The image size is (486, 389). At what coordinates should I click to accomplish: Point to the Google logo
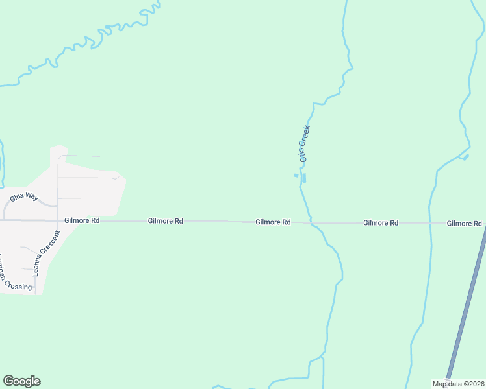click(21, 381)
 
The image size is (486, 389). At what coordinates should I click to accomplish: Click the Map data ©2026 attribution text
click(458, 384)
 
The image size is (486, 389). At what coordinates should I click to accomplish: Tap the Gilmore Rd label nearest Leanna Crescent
click(82, 220)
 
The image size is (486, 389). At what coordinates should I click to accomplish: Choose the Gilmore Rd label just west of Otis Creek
click(273, 222)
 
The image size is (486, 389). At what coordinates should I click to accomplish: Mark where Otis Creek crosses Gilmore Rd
click(311, 222)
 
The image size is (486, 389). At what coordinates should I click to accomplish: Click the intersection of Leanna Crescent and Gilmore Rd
click(58, 220)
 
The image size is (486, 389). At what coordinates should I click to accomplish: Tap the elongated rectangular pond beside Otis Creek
click(304, 178)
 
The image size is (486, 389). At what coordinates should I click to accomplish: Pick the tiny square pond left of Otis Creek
click(296, 175)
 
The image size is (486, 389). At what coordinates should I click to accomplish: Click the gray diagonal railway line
click(465, 305)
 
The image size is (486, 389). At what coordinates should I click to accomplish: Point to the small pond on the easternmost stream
click(465, 157)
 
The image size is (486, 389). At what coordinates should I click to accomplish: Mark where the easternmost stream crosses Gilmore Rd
click(429, 223)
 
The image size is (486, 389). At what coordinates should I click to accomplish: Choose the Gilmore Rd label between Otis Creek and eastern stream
click(381, 222)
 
